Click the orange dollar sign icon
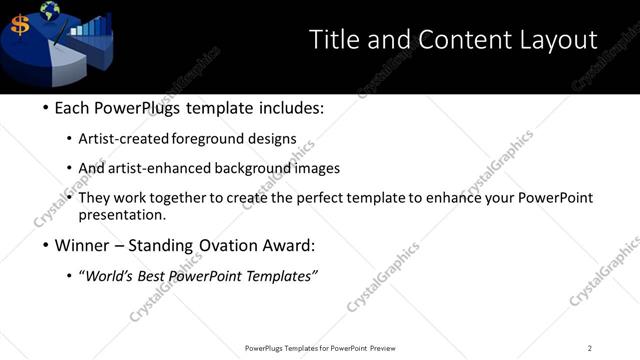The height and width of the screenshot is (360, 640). pos(20,25)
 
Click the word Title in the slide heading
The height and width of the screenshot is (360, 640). pos(333,40)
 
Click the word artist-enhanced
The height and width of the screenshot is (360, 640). pos(155,168)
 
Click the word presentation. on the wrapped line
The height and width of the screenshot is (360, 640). pos(122,214)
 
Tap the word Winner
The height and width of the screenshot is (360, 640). pos(85,245)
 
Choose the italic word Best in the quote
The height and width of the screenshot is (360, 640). pos(156,276)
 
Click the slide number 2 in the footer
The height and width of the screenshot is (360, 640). pos(589,348)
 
